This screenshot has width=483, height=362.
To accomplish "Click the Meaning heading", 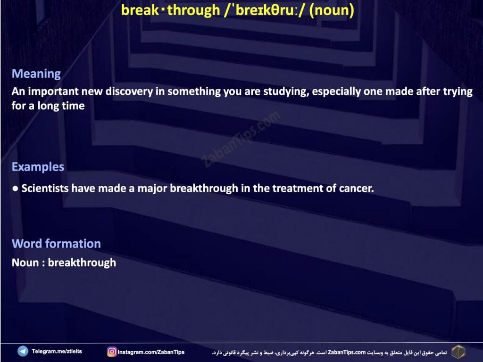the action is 36,74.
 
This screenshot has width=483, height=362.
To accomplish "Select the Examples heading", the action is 38,166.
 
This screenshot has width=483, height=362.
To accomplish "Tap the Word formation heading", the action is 57,244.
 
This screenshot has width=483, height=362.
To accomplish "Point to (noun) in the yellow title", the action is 332,10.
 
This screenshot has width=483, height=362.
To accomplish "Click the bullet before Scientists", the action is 15,189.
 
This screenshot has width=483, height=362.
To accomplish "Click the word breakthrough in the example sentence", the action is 204,188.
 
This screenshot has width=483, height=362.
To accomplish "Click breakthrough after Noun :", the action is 82,263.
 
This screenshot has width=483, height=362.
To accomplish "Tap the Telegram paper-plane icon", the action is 23,351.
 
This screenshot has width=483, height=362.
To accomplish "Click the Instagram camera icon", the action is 112,352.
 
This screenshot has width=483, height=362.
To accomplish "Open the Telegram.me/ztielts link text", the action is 57,351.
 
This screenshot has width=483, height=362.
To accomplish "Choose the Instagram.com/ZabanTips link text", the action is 151,352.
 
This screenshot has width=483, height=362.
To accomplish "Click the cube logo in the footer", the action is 458,352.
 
